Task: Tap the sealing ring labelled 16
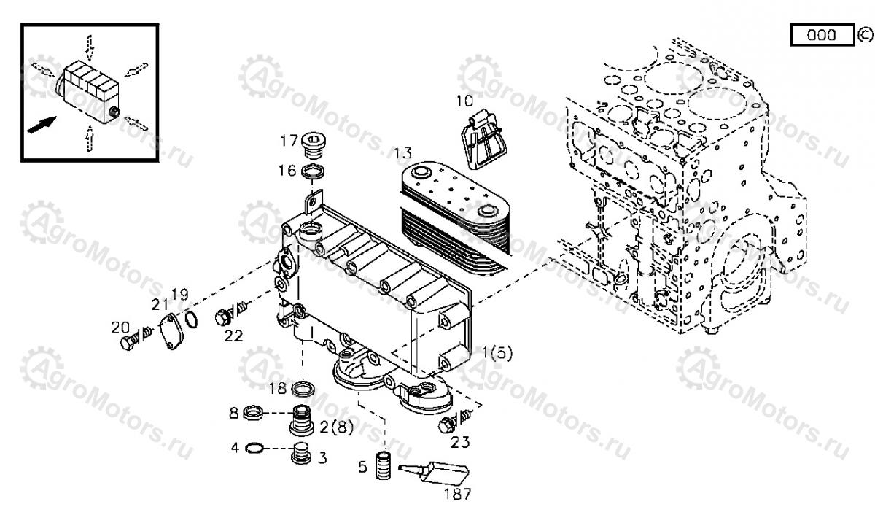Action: point(314,173)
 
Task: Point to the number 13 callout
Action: point(403,153)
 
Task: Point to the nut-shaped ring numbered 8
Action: point(252,414)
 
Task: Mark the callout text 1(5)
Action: point(497,353)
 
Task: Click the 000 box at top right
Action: point(822,35)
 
